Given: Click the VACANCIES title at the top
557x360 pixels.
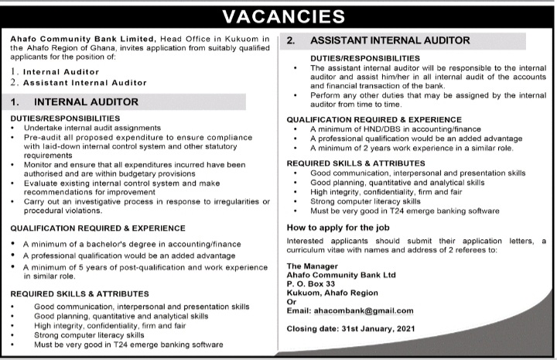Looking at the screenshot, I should [x=279, y=15].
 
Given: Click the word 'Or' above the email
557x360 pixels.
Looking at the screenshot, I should [x=292, y=302].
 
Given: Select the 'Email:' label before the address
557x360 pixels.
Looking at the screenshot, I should [x=299, y=310].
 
